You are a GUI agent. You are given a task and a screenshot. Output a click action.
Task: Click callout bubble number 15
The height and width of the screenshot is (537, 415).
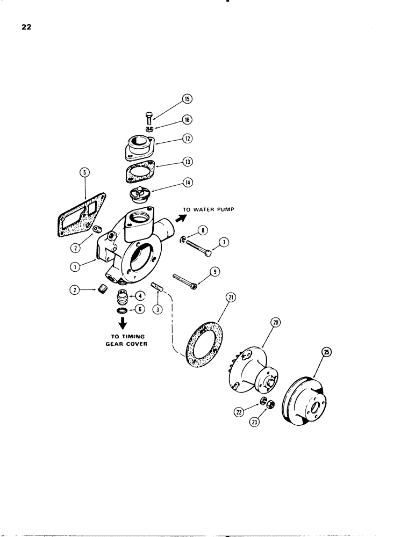point(187,99)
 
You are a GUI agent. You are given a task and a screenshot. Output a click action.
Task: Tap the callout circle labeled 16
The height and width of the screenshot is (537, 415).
point(187,119)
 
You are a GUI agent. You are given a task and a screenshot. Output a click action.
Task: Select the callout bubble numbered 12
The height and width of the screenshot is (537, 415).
point(187,139)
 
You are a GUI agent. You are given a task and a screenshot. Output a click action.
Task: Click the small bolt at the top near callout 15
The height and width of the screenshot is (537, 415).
point(149,119)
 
